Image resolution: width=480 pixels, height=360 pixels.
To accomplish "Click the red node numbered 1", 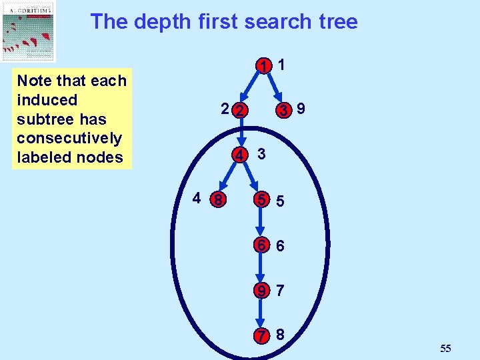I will pyautogui.click(x=265, y=66).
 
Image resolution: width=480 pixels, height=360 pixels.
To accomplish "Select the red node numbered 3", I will pyautogui.click(x=284, y=110).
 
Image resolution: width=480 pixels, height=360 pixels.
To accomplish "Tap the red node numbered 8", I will pyautogui.click(x=217, y=199).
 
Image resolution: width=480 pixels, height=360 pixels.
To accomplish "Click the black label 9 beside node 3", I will pyautogui.click(x=302, y=108).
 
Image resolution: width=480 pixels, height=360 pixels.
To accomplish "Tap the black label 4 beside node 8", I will pyautogui.click(x=197, y=198).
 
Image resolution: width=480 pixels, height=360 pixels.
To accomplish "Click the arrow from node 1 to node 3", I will pyautogui.click(x=275, y=88).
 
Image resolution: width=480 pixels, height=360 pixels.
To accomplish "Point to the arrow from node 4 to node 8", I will pyautogui.click(x=228, y=177).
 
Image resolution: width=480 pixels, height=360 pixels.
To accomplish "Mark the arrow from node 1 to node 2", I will pyautogui.click(x=253, y=88).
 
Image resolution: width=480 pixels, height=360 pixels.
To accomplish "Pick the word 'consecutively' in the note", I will pyautogui.click(x=69, y=138).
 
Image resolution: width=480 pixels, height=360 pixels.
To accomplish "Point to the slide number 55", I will pyautogui.click(x=446, y=348).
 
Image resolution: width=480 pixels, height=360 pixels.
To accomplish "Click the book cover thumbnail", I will pyautogui.click(x=29, y=31).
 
